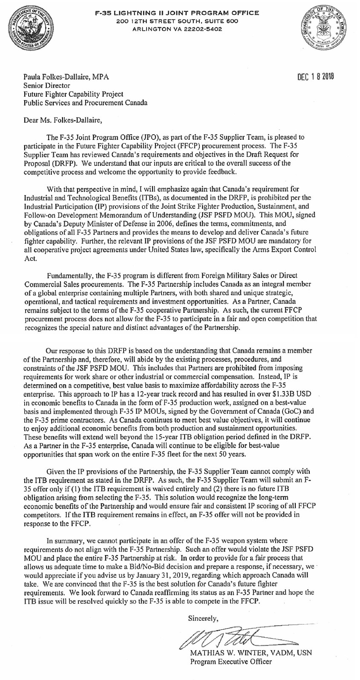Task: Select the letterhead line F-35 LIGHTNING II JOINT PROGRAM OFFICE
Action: (177, 13)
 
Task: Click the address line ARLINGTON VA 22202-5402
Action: (177, 29)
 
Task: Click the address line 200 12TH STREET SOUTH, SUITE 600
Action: (177, 21)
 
